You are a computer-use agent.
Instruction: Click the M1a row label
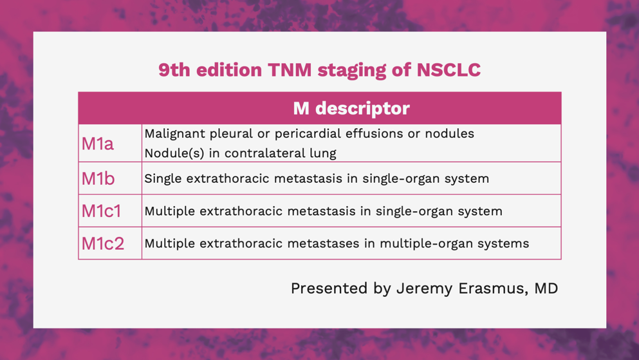tap(97, 144)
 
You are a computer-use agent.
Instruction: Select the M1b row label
tap(98, 178)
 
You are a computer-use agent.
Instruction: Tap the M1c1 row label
tap(102, 211)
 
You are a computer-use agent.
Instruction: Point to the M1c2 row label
tap(103, 243)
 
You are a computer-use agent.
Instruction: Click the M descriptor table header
tap(351, 108)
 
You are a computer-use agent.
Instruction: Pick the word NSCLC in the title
tap(449, 70)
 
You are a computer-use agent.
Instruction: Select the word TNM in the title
tap(290, 70)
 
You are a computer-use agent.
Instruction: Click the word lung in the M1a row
tap(326, 154)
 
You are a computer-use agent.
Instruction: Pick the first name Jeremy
tap(424, 289)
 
